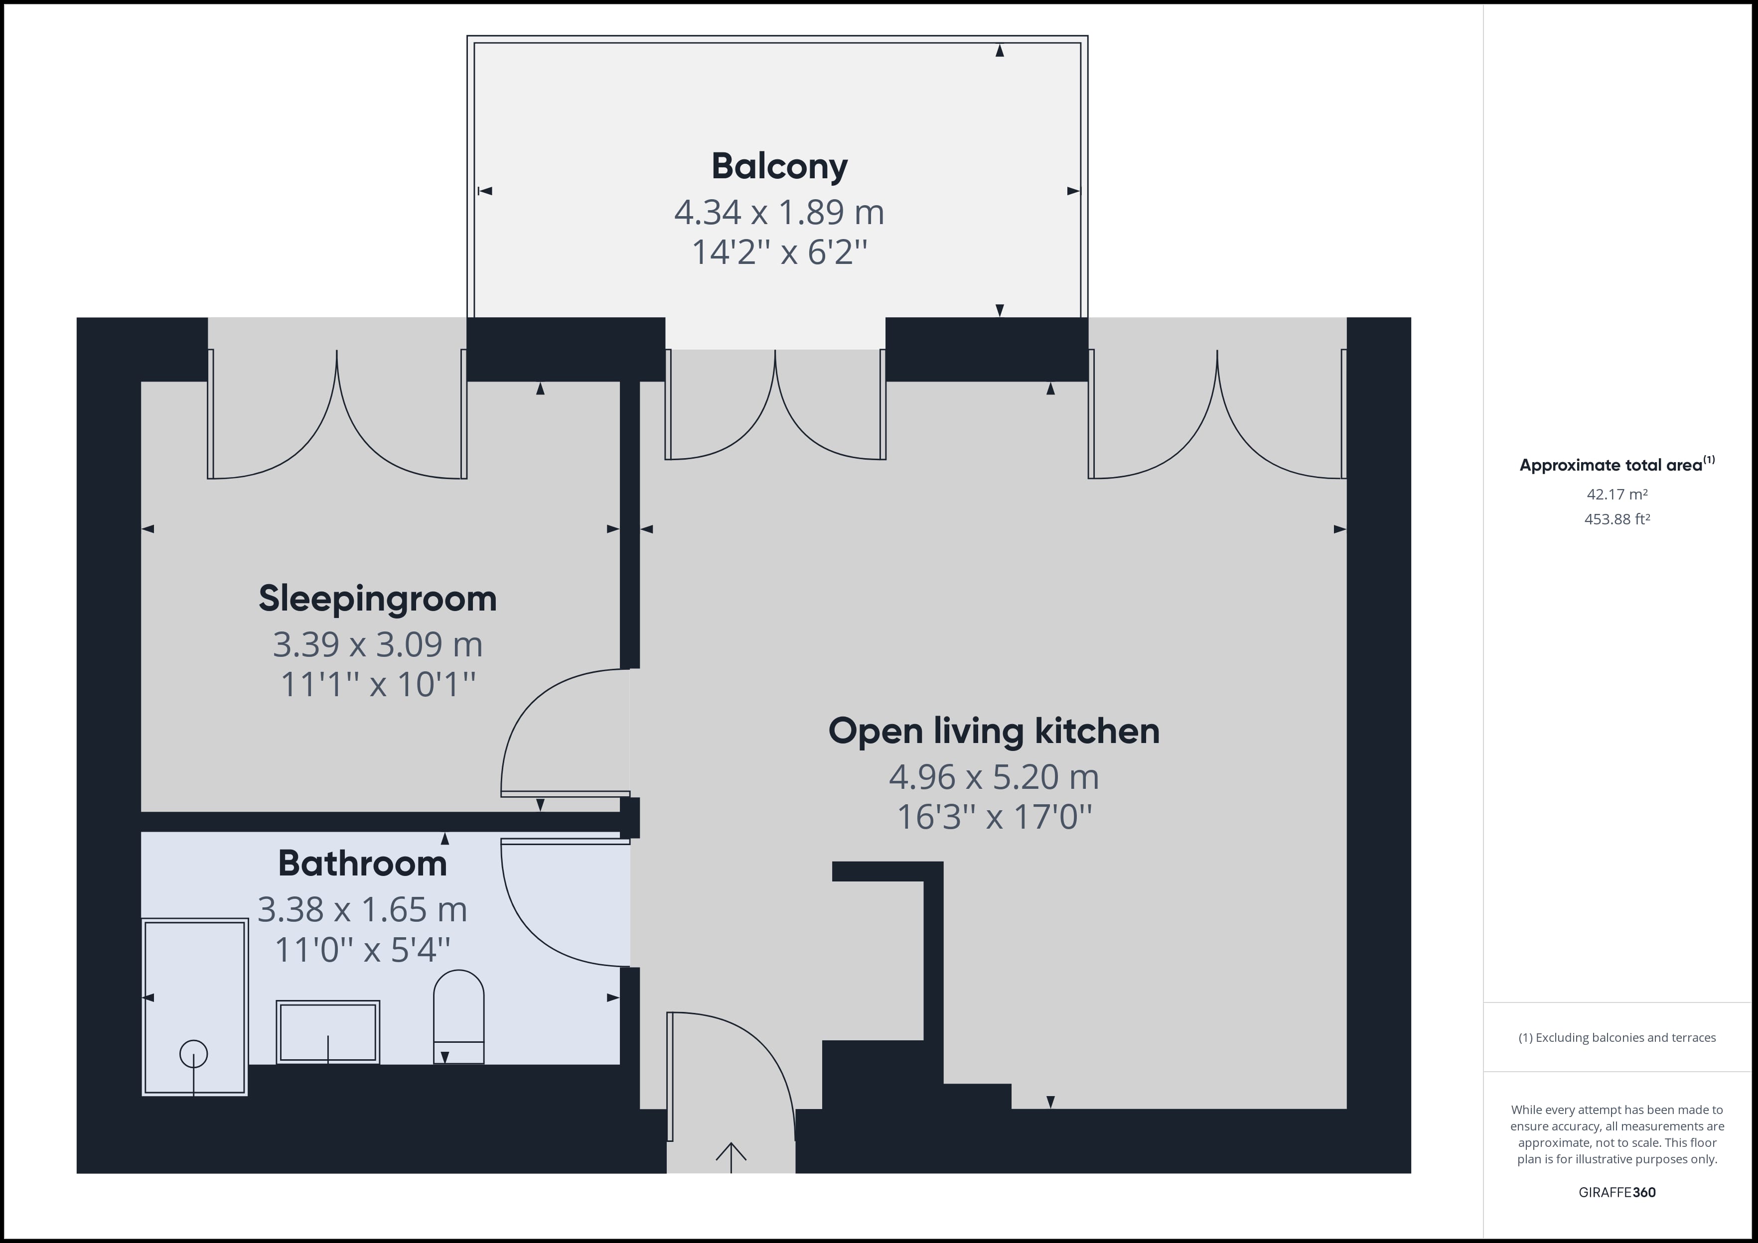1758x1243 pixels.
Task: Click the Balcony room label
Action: click(779, 167)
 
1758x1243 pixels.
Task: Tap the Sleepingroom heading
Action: click(378, 599)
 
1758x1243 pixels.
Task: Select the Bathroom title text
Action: click(362, 864)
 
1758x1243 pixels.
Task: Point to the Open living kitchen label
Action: click(994, 732)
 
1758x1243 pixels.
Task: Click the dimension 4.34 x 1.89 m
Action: click(779, 212)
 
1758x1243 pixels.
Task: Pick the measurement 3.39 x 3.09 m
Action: click(378, 644)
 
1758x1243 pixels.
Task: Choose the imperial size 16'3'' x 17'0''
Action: click(994, 817)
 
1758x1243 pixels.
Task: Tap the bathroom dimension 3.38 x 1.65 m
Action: click(362, 909)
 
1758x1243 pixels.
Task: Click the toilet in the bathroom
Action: click(458, 1017)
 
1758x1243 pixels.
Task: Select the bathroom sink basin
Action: click(328, 1032)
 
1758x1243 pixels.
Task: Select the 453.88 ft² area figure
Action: click(1617, 519)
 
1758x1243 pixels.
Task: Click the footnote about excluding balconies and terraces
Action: click(1617, 1038)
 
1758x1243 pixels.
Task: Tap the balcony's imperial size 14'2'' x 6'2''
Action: click(779, 252)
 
